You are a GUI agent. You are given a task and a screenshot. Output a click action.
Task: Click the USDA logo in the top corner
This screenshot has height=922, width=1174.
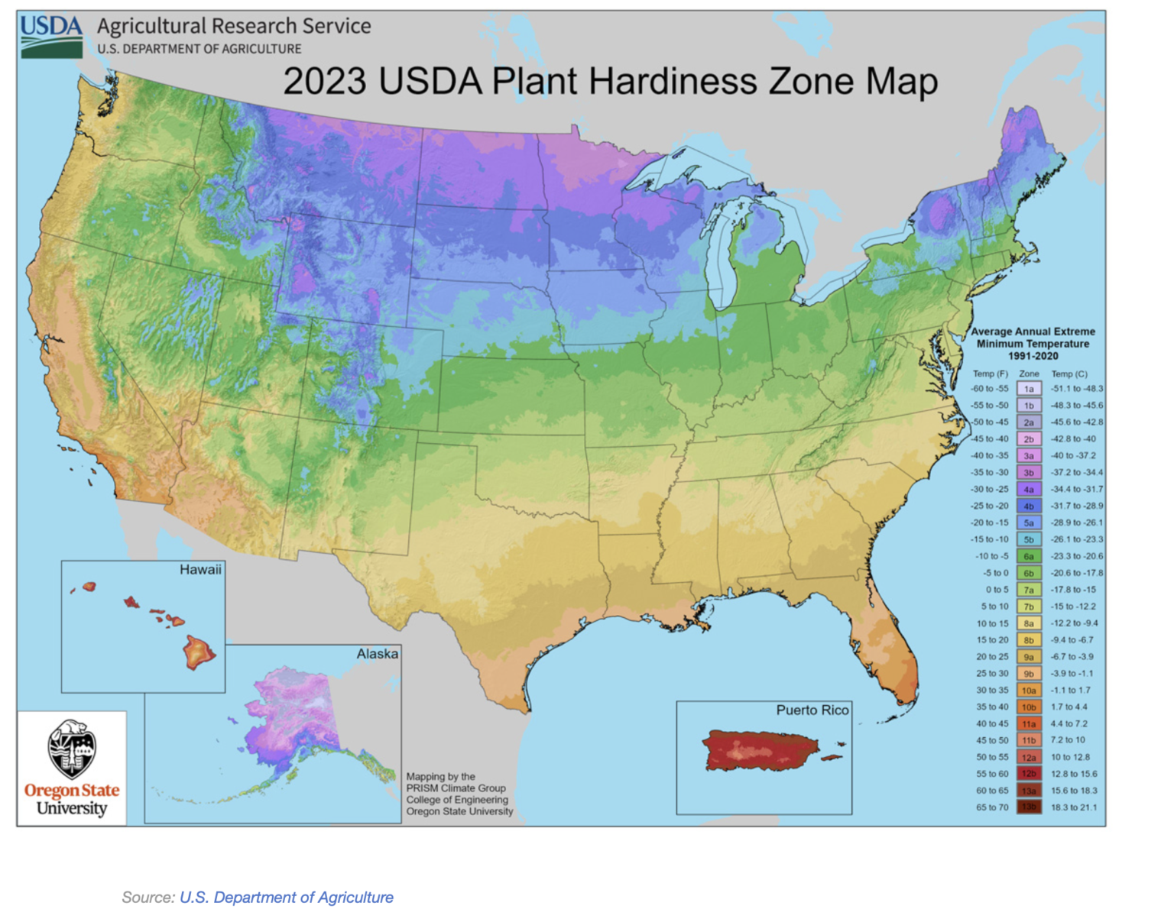pyautogui.click(x=51, y=36)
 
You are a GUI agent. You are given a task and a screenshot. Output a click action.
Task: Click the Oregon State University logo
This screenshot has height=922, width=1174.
pyautogui.click(x=72, y=768)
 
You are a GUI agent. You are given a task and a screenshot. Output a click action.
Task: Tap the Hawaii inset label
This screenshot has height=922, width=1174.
pyautogui.click(x=200, y=570)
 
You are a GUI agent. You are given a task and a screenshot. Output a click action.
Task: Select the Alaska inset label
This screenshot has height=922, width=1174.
pyautogui.click(x=377, y=654)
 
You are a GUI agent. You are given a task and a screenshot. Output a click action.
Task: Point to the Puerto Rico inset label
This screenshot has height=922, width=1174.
pyautogui.click(x=812, y=710)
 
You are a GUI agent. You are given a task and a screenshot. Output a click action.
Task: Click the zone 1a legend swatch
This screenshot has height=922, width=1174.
pyautogui.click(x=1029, y=389)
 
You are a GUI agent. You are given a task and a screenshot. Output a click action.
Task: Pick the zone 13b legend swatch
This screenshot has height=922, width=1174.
pyautogui.click(x=1029, y=807)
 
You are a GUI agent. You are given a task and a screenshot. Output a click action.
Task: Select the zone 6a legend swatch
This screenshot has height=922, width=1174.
pyautogui.click(x=1029, y=556)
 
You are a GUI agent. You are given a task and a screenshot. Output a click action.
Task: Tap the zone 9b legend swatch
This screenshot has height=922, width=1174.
pyautogui.click(x=1029, y=674)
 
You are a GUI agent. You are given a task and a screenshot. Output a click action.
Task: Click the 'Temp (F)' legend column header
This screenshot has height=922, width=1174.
pyautogui.click(x=990, y=374)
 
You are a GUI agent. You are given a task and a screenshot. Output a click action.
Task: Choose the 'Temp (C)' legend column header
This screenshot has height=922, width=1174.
pyautogui.click(x=1069, y=374)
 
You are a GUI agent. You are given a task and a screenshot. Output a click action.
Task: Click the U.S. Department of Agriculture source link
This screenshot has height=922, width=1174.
pyautogui.click(x=286, y=898)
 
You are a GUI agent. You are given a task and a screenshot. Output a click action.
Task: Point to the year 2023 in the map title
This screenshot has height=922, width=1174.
pyautogui.click(x=324, y=82)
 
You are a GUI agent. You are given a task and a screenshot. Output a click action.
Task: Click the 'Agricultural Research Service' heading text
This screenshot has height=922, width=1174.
pyautogui.click(x=234, y=26)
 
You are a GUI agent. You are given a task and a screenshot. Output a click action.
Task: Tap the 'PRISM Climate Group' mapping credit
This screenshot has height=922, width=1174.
pyautogui.click(x=456, y=788)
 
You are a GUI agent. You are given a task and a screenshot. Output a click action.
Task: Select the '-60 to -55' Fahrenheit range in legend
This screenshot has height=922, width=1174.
pyautogui.click(x=990, y=389)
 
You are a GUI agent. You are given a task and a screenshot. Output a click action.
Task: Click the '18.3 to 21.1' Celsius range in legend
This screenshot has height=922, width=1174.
pyautogui.click(x=1073, y=807)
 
